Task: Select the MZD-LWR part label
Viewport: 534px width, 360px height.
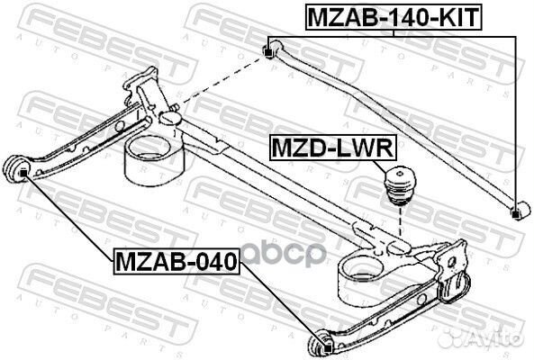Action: point(325,146)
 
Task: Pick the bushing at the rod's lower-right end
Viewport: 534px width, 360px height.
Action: point(516,213)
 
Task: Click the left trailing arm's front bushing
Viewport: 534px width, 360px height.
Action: point(19,168)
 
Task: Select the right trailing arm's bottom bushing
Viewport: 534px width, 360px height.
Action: point(321,345)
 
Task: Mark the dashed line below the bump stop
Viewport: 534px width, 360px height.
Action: point(397,229)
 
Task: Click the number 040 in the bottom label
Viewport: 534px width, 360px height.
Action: point(213,263)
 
